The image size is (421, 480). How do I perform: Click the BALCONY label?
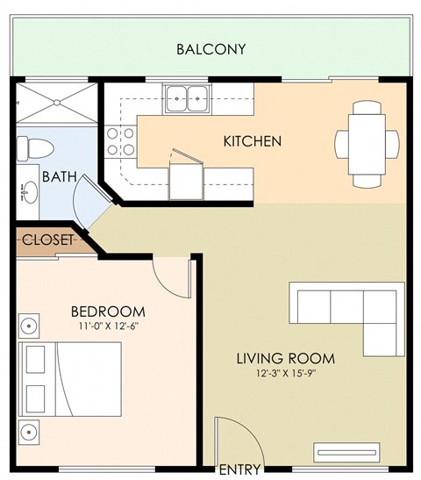210,49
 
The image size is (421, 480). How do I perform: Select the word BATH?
59,176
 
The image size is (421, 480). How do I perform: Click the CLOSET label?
47,240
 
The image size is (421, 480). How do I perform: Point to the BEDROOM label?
107,312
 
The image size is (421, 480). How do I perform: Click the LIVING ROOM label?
285,358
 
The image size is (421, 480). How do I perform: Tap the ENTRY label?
239,469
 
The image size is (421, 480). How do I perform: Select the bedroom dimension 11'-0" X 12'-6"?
107,327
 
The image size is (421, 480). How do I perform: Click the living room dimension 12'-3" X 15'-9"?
286,373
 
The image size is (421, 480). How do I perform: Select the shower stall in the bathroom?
57,104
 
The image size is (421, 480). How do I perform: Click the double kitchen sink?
185,97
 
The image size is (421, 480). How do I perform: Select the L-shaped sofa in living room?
342,312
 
